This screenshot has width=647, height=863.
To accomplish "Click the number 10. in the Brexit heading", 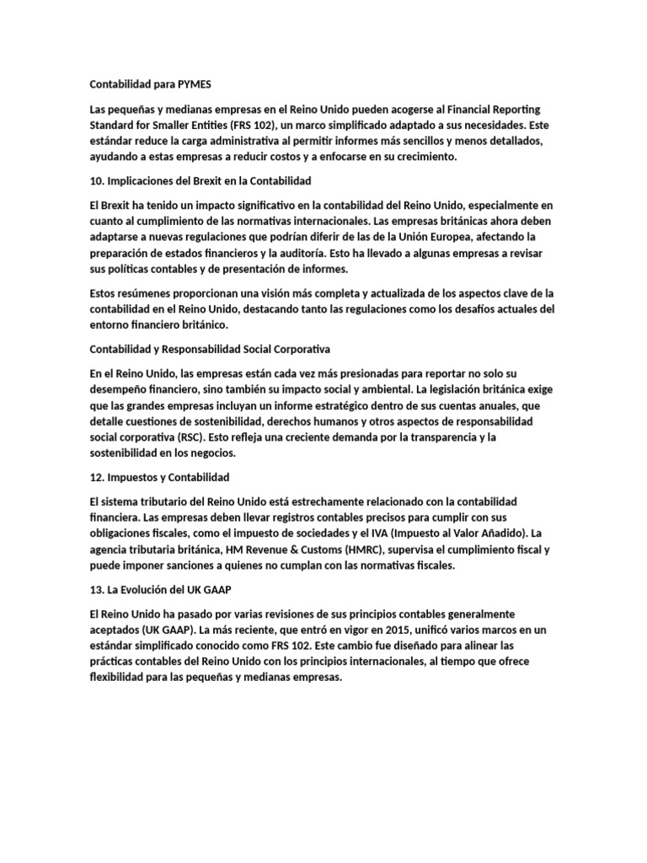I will click(x=97, y=181).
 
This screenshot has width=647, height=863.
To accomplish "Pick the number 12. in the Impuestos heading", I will click(x=97, y=477).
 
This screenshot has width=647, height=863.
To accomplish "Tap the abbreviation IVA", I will click(x=388, y=534).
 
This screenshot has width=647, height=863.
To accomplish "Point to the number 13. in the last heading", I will click(x=97, y=590).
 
